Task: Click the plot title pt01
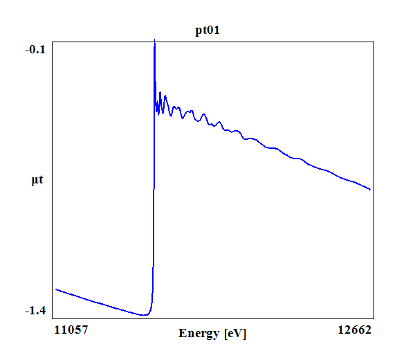click(207, 30)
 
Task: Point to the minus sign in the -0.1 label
click(28, 50)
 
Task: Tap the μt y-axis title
click(37, 181)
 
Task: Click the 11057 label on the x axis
click(71, 330)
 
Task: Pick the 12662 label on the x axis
click(355, 330)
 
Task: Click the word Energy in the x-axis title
click(200, 334)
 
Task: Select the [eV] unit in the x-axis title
click(235, 334)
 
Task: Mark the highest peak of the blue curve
click(154, 44)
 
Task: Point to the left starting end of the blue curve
click(55, 289)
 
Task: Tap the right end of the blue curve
click(371, 189)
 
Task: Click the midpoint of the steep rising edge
click(152, 180)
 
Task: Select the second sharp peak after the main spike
click(160, 93)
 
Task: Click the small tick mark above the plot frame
click(154, 39)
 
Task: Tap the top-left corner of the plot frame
click(53, 42)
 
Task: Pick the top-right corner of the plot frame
click(374, 42)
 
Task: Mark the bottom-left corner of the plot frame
click(53, 318)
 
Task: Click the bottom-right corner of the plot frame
click(374, 318)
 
